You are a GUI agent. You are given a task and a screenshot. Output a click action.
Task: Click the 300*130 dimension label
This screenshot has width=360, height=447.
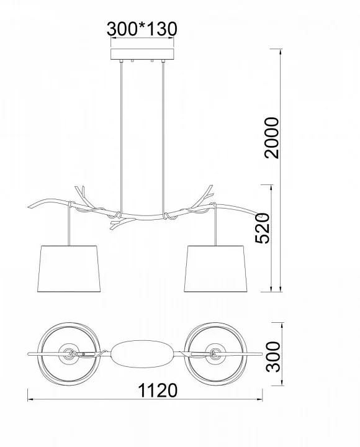[142, 29]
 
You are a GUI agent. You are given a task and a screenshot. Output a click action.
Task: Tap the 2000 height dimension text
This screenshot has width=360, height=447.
[271, 138]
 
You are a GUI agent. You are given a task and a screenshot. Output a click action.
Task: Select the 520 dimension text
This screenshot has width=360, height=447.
[262, 228]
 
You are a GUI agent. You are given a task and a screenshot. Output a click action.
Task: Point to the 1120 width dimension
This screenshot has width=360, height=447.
[158, 391]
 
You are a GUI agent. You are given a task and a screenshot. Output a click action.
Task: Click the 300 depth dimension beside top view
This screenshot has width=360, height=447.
[273, 356]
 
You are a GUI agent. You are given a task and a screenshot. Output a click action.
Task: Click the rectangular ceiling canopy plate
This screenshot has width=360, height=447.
[142, 54]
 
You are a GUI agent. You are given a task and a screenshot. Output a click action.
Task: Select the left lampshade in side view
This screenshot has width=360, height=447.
[69, 269]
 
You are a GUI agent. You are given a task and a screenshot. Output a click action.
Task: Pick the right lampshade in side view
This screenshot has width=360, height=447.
[215, 269]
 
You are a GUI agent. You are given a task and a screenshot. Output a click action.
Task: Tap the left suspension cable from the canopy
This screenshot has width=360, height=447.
[122, 137]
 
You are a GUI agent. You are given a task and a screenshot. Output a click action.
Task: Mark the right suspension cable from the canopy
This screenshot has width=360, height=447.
[163, 137]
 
